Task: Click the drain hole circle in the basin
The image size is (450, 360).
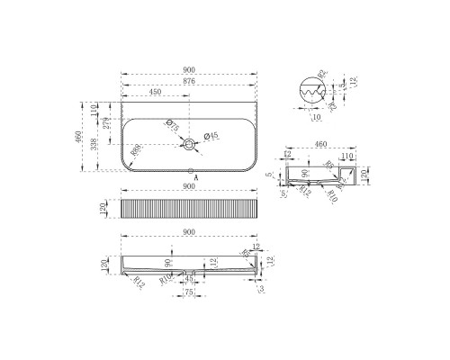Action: point(190,144)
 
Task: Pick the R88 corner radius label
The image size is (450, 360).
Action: point(135,152)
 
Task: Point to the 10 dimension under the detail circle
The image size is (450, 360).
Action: point(316,117)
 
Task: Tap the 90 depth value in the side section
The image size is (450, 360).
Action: point(305,174)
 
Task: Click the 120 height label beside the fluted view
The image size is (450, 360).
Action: point(104,209)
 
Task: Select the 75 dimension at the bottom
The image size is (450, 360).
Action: point(189,292)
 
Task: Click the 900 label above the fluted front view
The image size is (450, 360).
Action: point(190,187)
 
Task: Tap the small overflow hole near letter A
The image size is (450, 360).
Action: point(190,169)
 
